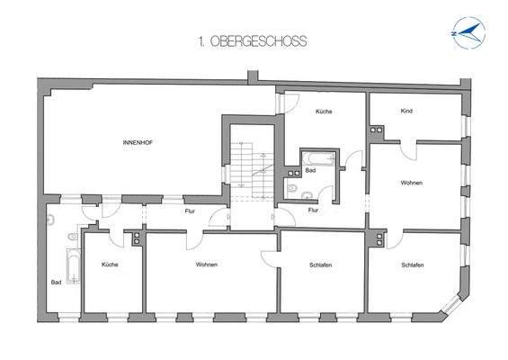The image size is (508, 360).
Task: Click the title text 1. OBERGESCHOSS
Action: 252,40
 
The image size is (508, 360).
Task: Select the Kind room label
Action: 407,111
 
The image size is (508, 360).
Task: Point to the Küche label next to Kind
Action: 324,111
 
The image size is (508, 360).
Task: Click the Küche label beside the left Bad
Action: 110,265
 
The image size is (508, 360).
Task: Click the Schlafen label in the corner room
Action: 413,265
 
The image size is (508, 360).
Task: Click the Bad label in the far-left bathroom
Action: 57,282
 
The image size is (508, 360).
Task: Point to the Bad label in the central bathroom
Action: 309,169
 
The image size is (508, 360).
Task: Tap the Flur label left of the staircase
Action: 190,211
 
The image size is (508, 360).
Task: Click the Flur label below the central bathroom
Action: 313,211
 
